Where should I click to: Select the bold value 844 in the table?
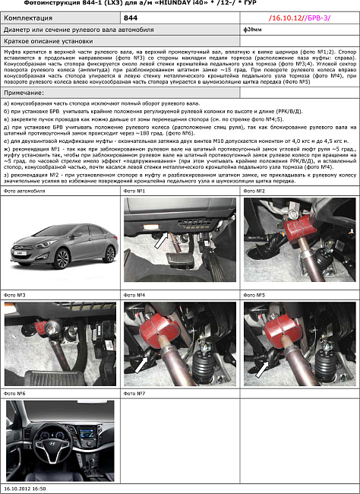[131, 16]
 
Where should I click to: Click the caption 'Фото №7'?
[134, 394]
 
